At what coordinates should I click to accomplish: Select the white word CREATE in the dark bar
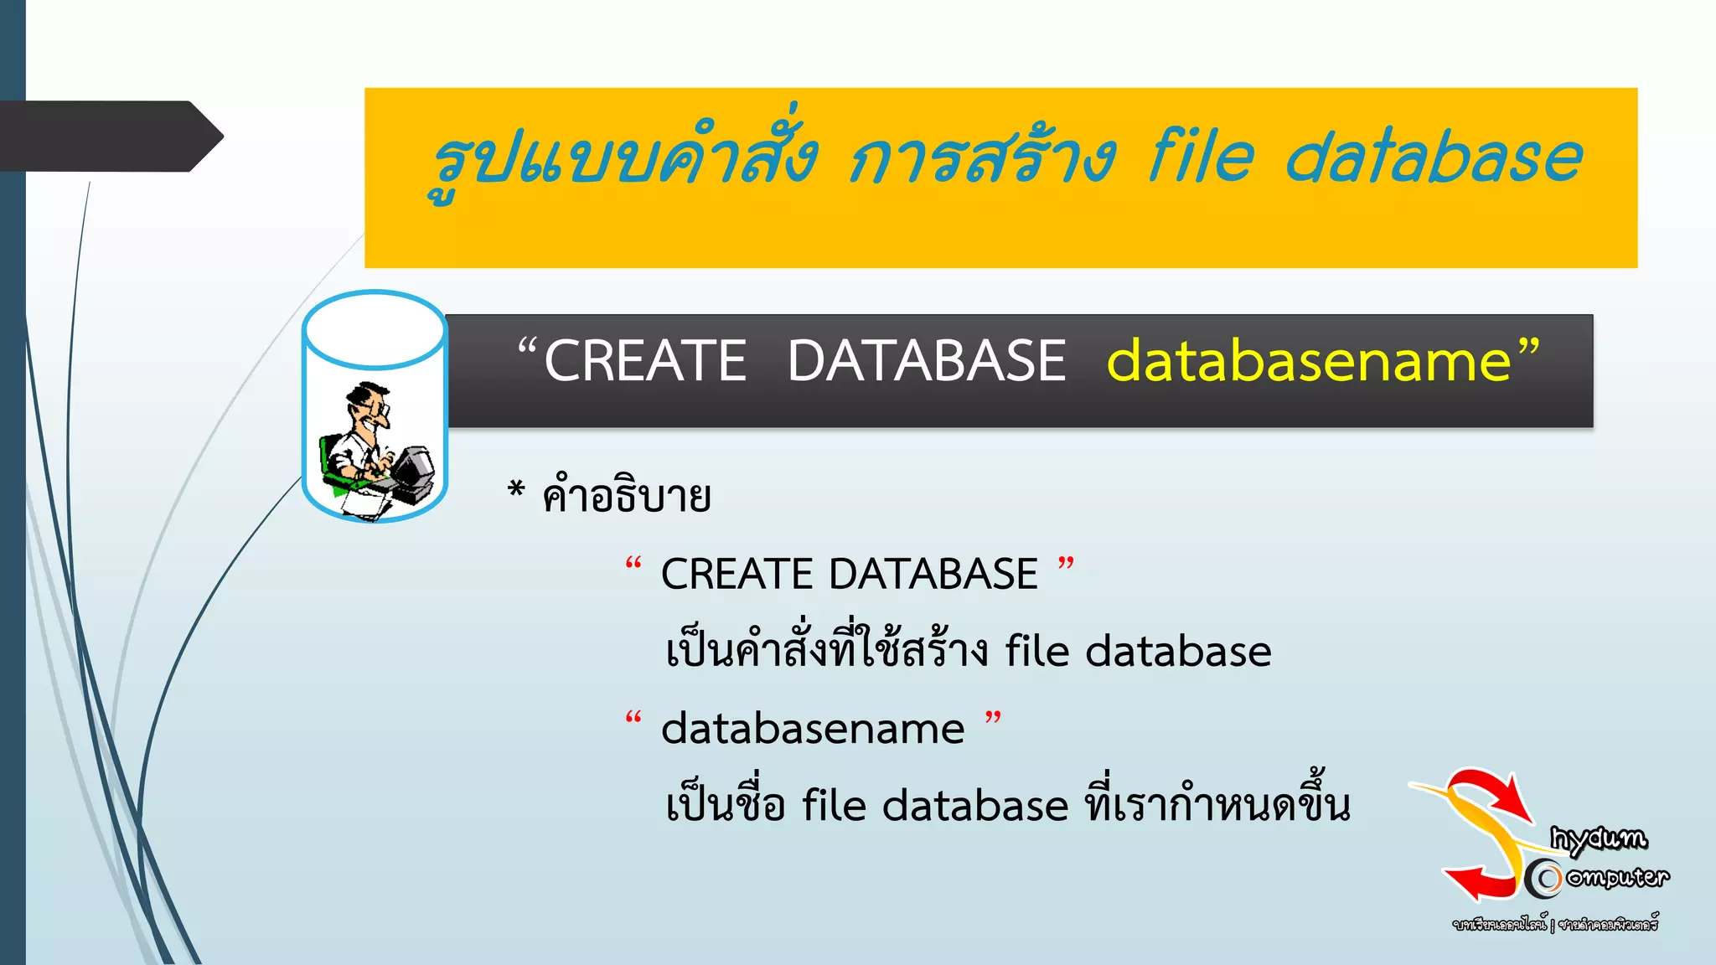645,362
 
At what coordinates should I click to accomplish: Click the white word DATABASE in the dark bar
926,362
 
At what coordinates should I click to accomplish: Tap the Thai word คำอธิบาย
627,496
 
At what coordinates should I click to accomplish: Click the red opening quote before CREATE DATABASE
633,565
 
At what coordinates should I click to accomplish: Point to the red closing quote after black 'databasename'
993,719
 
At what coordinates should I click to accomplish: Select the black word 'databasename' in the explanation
813,729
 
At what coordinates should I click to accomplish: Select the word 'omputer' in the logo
1617,877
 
